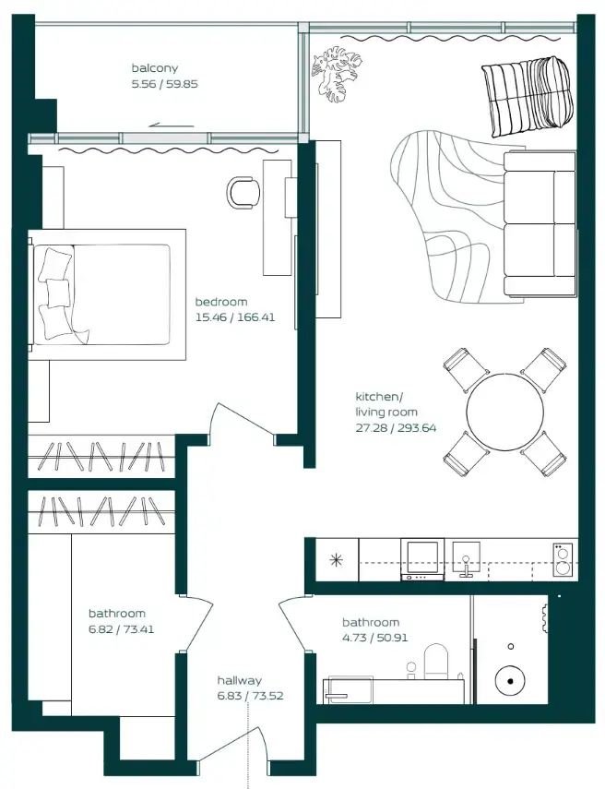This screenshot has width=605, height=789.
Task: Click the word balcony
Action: (x=154, y=68)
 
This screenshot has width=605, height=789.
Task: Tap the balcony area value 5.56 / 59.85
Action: (x=165, y=83)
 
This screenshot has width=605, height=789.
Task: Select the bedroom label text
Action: (x=220, y=302)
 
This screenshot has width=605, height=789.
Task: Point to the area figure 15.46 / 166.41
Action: (x=235, y=317)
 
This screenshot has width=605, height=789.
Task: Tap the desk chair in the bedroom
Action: (x=243, y=191)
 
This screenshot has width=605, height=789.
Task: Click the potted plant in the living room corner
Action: (x=336, y=73)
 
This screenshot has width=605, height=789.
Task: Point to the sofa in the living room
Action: (x=539, y=224)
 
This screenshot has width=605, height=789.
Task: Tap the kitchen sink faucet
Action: (x=467, y=564)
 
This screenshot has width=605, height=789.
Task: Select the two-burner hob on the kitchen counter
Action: (x=563, y=558)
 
